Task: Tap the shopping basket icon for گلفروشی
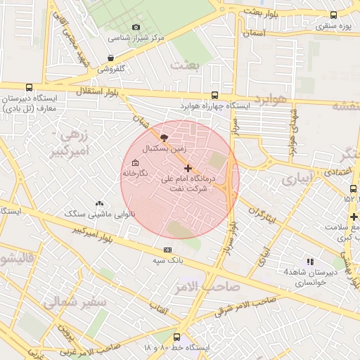(110, 58)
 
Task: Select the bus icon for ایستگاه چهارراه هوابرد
(214, 95)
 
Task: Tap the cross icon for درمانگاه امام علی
(188, 169)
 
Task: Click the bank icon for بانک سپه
(167, 250)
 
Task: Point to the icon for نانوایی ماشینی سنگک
(99, 203)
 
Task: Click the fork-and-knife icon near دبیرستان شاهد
(310, 262)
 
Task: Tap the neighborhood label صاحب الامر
(208, 286)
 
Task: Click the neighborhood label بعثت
(189, 65)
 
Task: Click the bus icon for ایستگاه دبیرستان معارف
(28, 88)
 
